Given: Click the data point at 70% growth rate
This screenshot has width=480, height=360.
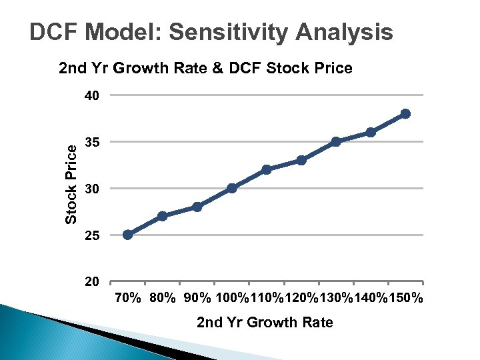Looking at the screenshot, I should (127, 235).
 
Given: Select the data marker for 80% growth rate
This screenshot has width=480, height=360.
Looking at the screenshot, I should (162, 216).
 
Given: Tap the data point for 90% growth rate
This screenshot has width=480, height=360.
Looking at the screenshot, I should (197, 207).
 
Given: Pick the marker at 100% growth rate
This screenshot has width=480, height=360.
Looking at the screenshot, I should (232, 188).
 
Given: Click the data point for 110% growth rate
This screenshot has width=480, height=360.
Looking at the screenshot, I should (267, 169).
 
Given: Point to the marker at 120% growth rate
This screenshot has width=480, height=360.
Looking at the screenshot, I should (301, 160).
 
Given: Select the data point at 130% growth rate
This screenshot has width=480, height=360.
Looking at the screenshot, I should (336, 141).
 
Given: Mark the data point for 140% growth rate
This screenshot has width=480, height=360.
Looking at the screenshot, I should (371, 132).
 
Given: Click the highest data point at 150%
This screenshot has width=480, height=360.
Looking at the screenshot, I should (405, 113).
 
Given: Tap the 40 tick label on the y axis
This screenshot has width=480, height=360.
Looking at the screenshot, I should (92, 95).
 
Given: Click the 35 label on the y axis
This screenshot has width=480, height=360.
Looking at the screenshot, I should (92, 142).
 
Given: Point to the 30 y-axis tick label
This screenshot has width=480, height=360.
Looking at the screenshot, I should (92, 189).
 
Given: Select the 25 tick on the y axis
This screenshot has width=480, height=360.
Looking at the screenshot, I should (92, 235).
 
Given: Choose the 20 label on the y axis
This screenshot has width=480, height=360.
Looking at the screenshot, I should (92, 282).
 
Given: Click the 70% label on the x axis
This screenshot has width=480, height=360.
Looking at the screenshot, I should (127, 298).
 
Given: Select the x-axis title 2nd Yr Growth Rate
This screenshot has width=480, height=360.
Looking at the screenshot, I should (265, 323).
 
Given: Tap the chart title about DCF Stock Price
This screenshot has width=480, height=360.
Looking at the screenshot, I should (205, 68).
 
